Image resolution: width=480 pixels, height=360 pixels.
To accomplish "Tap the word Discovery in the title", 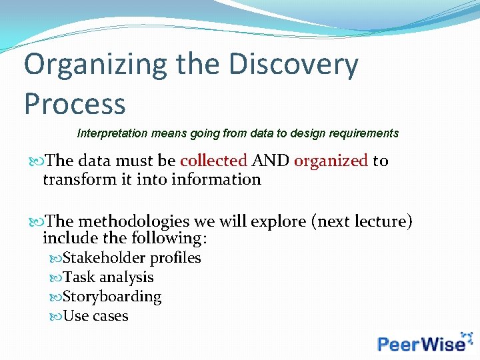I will [x=293, y=65].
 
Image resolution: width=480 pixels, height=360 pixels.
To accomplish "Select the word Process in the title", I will [x=75, y=104].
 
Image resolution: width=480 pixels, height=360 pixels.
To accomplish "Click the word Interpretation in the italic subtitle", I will [x=113, y=133].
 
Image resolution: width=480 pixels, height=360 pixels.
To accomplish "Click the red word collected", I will [x=213, y=161].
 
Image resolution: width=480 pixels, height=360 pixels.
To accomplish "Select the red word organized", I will [x=331, y=161].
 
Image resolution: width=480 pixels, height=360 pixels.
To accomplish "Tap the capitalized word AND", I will [x=271, y=161].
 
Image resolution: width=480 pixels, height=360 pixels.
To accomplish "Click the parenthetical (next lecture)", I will [x=362, y=221].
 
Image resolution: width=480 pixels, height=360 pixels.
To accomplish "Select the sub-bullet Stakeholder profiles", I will [x=131, y=258].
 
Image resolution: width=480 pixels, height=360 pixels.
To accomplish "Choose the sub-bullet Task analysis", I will [x=108, y=277].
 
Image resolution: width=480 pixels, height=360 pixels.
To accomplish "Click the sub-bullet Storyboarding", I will [x=112, y=297].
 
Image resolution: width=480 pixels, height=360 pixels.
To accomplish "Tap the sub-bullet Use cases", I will [x=95, y=316].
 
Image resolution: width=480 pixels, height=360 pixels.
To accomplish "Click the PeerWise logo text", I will [x=421, y=343].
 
